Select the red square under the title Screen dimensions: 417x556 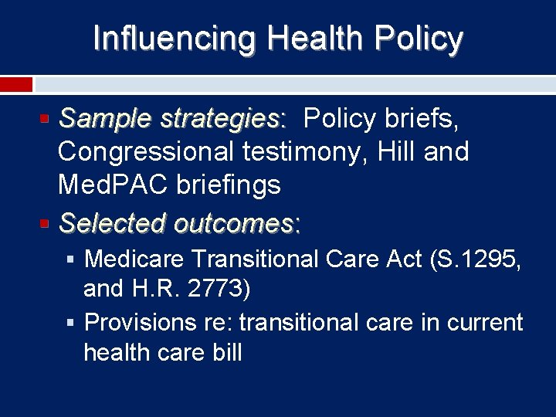pos(16,84)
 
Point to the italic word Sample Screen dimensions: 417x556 pos(106,119)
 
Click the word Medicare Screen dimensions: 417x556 pos(134,259)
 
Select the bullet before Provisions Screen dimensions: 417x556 pos(71,322)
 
